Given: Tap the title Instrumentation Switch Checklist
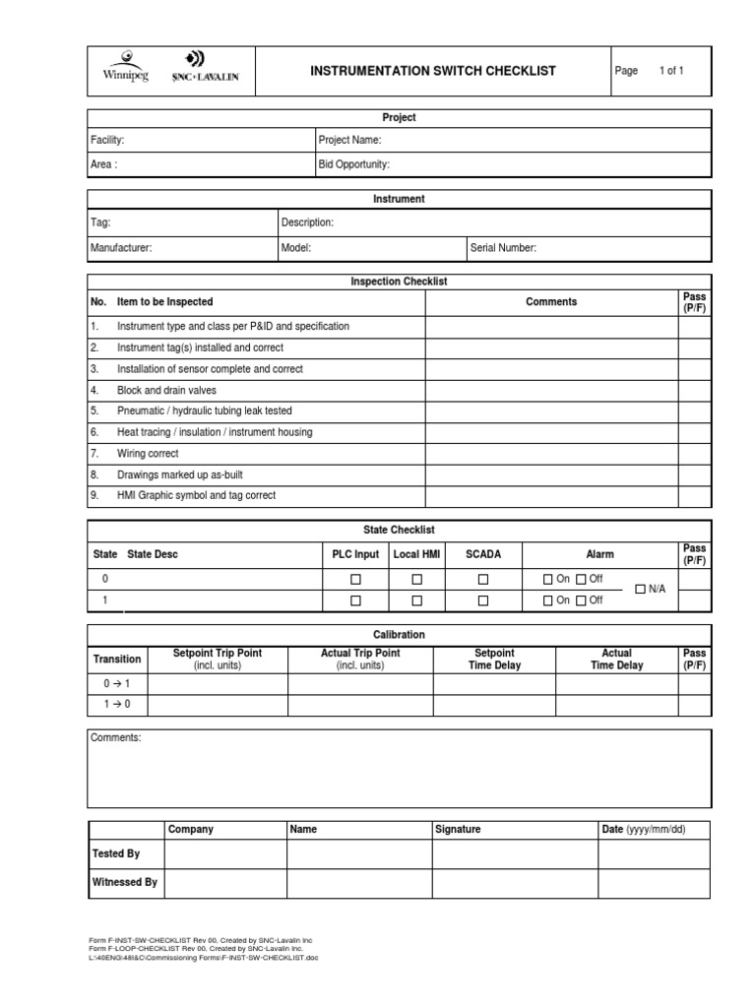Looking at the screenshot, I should [433, 71].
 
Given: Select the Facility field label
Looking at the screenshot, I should [107, 141].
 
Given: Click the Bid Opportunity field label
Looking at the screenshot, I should [353, 164].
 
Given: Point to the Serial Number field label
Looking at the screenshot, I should [503, 248].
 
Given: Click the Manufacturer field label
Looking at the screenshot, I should [121, 248].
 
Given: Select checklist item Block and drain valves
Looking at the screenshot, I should [166, 390].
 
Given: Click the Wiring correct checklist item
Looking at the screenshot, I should [150, 453].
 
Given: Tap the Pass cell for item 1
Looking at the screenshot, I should [694, 326].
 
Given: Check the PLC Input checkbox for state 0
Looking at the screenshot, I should [356, 579].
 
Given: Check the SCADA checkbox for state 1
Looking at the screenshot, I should [482, 600].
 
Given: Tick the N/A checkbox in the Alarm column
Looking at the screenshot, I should [641, 589].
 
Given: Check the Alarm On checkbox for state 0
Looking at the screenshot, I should [548, 579].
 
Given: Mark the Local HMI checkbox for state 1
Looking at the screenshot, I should [417, 600].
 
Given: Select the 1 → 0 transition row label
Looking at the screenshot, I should [117, 704].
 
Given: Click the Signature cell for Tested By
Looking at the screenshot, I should [514, 854].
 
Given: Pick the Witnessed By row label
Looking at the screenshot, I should [124, 883].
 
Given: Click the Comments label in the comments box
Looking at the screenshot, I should [116, 738].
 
